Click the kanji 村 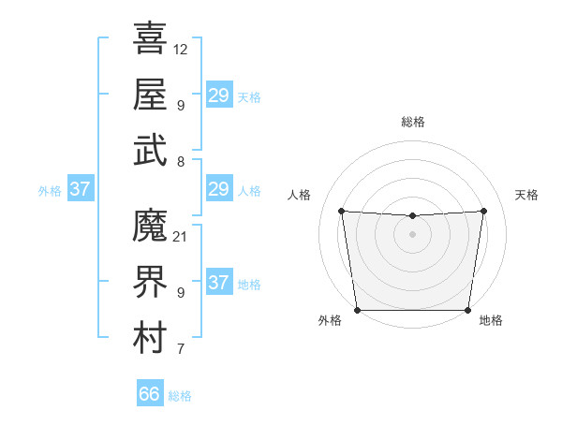click(x=150, y=338)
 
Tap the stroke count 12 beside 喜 click(x=181, y=49)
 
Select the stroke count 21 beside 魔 click(x=181, y=236)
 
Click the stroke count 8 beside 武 click(x=181, y=161)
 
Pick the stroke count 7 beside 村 click(x=181, y=350)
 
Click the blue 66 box click(x=150, y=394)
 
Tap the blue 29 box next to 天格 click(x=219, y=95)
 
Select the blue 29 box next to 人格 click(x=219, y=190)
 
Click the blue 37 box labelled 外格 click(x=81, y=190)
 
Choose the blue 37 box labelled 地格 click(x=219, y=284)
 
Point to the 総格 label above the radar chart click(x=412, y=122)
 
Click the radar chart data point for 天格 click(x=484, y=211)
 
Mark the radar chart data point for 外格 click(x=357, y=310)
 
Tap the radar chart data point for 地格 click(x=467, y=310)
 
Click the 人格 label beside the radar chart click(x=301, y=195)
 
